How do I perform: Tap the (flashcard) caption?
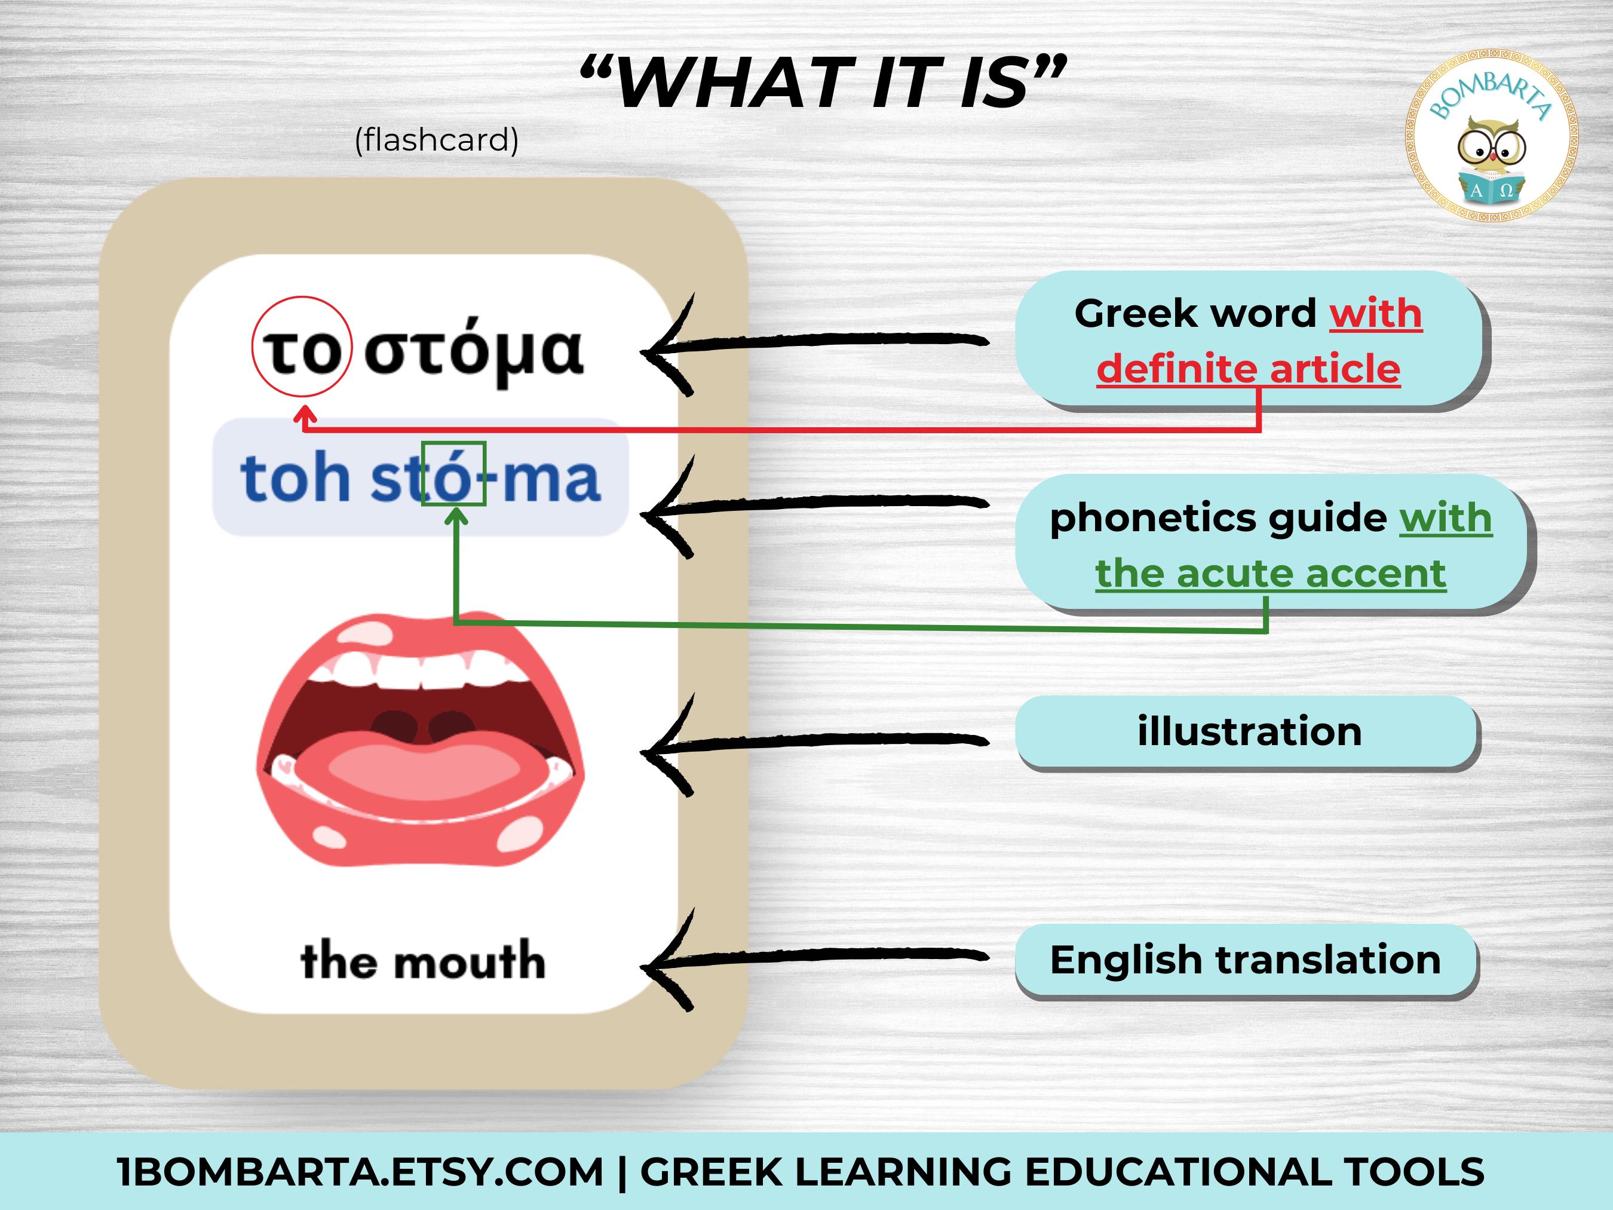[436, 139]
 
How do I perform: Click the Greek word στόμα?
[474, 353]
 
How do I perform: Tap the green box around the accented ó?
[453, 473]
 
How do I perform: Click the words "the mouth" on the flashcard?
[423, 961]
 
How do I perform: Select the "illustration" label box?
[1247, 731]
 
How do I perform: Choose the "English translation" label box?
[1246, 960]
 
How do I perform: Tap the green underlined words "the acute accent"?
[1270, 573]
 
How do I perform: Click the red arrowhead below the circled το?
[305, 415]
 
